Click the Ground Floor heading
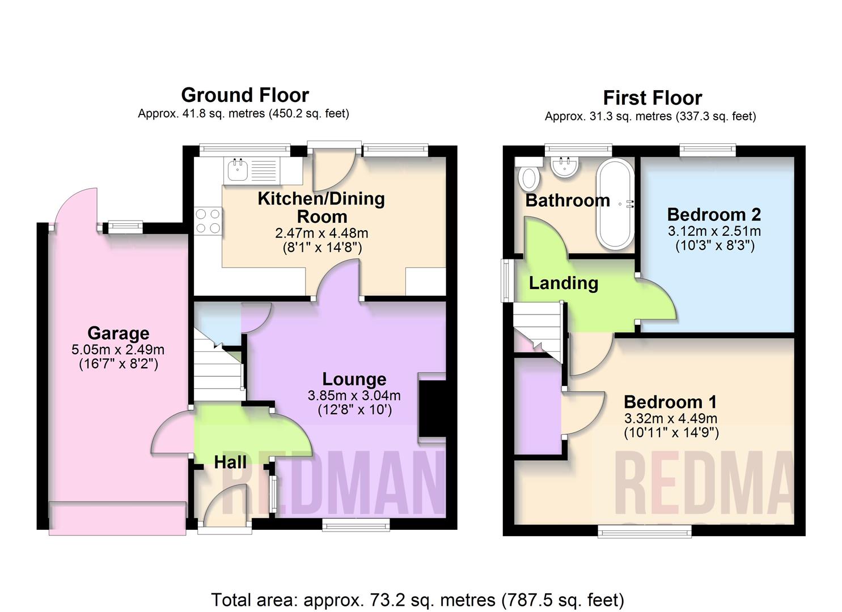pos(245,95)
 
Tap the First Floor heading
pos(652,98)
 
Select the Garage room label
pos(118,333)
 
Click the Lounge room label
pos(354,379)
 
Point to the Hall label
pos(230,462)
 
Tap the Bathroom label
pos(567,200)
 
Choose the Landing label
pos(563,283)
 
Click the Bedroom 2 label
pos(714,215)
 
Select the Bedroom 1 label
pos(670,402)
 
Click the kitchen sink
pos(237,169)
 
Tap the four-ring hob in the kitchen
pos(208,221)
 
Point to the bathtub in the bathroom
pos(614,204)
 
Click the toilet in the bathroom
pos(529,176)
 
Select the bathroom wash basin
pos(564,166)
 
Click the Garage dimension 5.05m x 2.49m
pos(118,350)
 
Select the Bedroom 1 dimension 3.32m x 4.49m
pos(670,419)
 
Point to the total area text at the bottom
pos(417,600)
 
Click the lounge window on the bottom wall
pos(356,525)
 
